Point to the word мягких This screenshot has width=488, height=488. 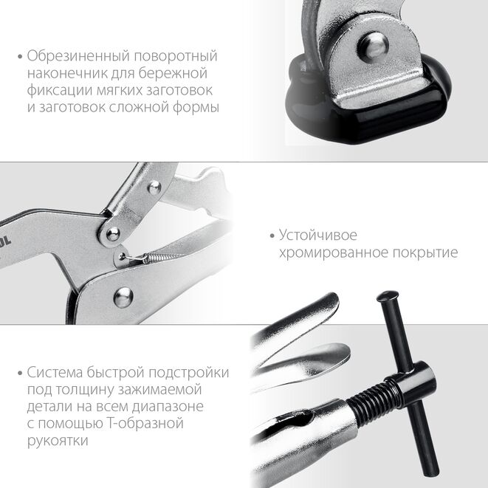tap(122, 91)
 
